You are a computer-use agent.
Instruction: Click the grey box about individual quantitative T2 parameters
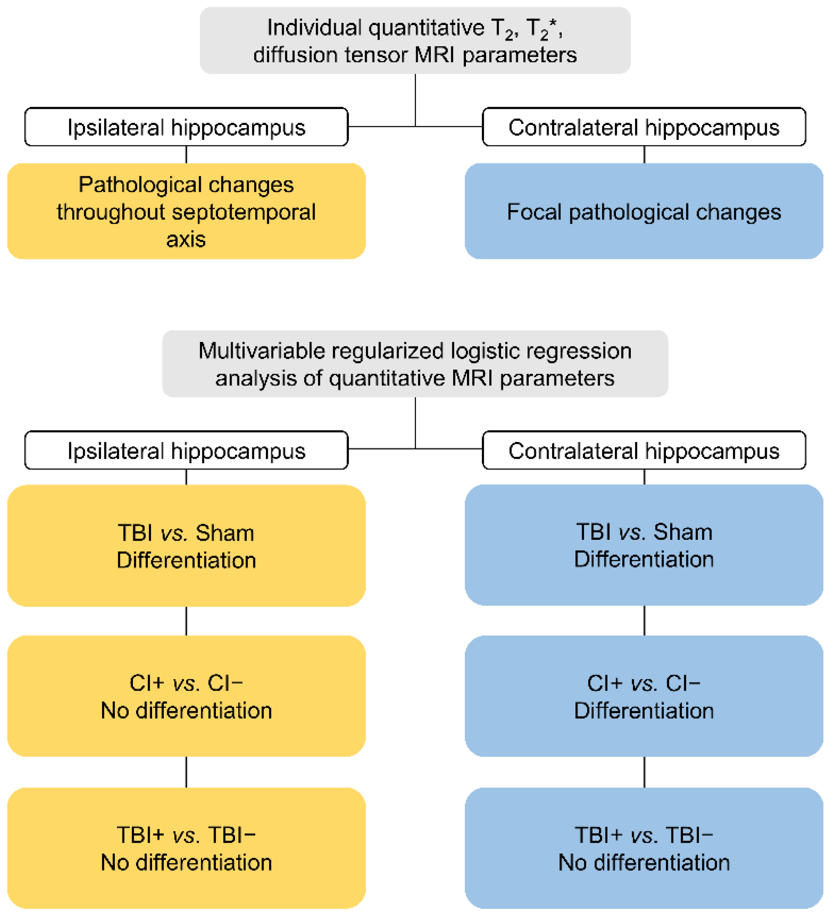pos(415,41)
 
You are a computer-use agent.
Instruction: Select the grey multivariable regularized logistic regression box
pos(415,364)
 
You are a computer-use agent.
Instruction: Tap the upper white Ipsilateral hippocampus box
pos(186,127)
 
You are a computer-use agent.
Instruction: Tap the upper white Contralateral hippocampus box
pos(644,127)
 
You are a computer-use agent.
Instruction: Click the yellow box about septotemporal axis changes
pos(186,211)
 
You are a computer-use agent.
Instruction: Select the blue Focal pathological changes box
pos(644,211)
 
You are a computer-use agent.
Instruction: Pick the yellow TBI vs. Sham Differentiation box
pos(186,546)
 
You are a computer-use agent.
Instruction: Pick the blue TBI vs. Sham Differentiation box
pos(644,545)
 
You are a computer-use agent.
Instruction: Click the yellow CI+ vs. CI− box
pos(186,696)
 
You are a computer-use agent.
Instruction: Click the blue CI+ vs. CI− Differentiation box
pos(644,696)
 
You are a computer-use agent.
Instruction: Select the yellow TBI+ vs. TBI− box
pos(186,848)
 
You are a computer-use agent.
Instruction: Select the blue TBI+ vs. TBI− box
pos(644,848)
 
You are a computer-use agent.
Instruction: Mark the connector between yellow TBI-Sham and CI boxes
pos(186,621)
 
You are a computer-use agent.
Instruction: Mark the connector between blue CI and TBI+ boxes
pos(644,772)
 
